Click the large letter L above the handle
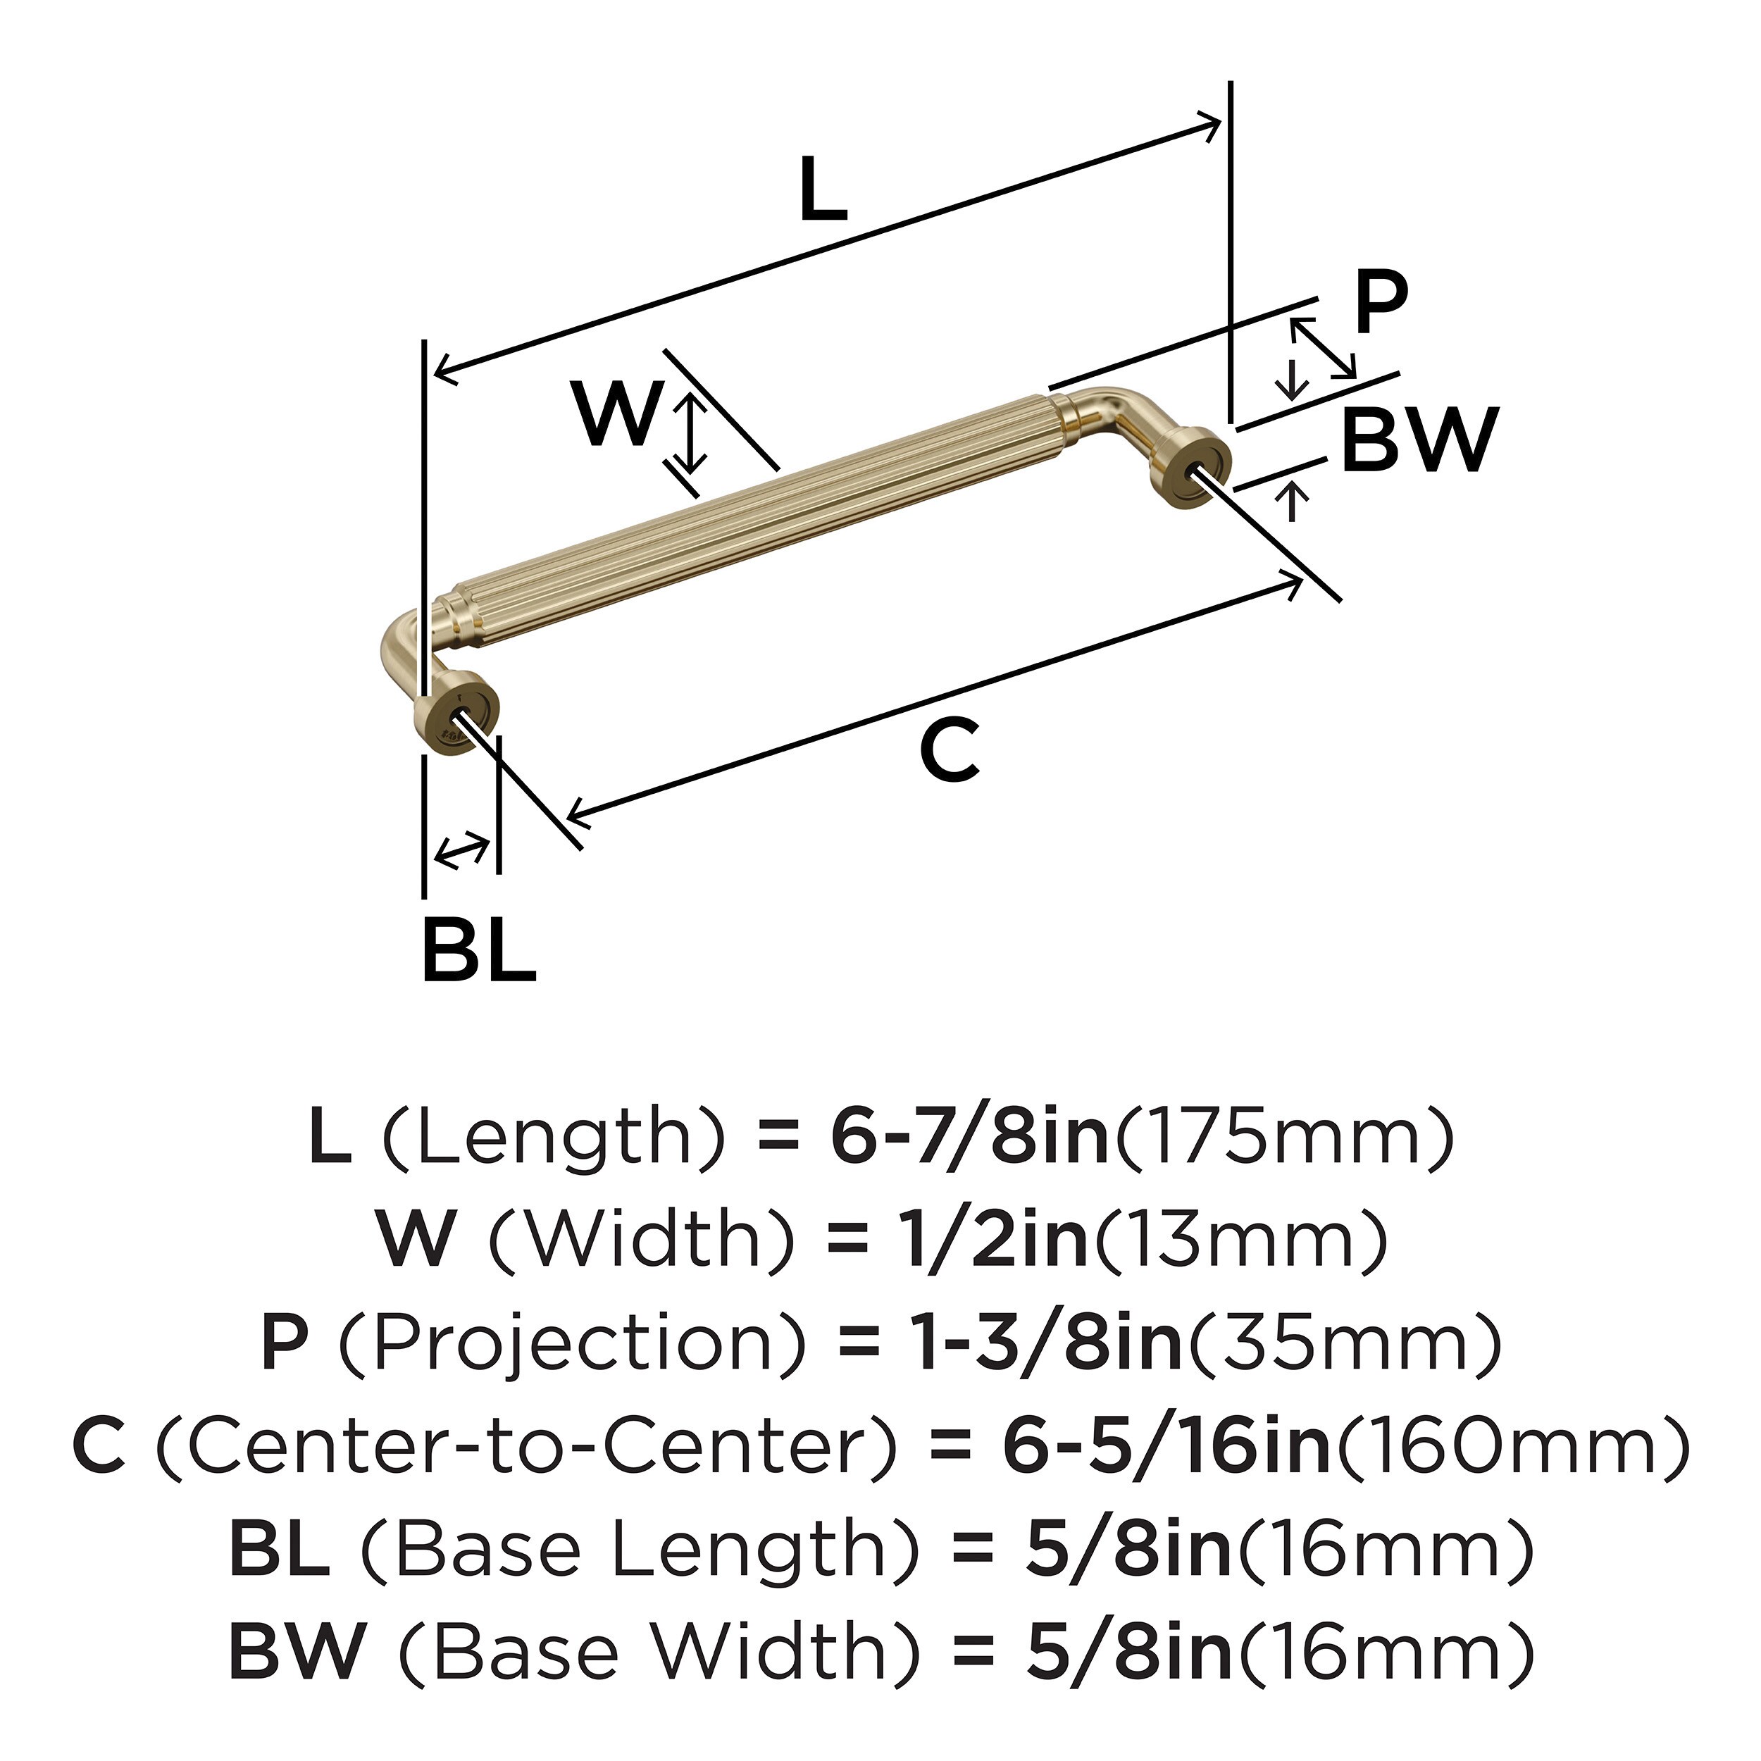(823, 189)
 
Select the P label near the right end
(1380, 303)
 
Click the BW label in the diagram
(1420, 440)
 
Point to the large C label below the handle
(950, 750)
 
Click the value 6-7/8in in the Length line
(968, 1139)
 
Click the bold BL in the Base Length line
(279, 1550)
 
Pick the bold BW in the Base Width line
(297, 1652)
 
